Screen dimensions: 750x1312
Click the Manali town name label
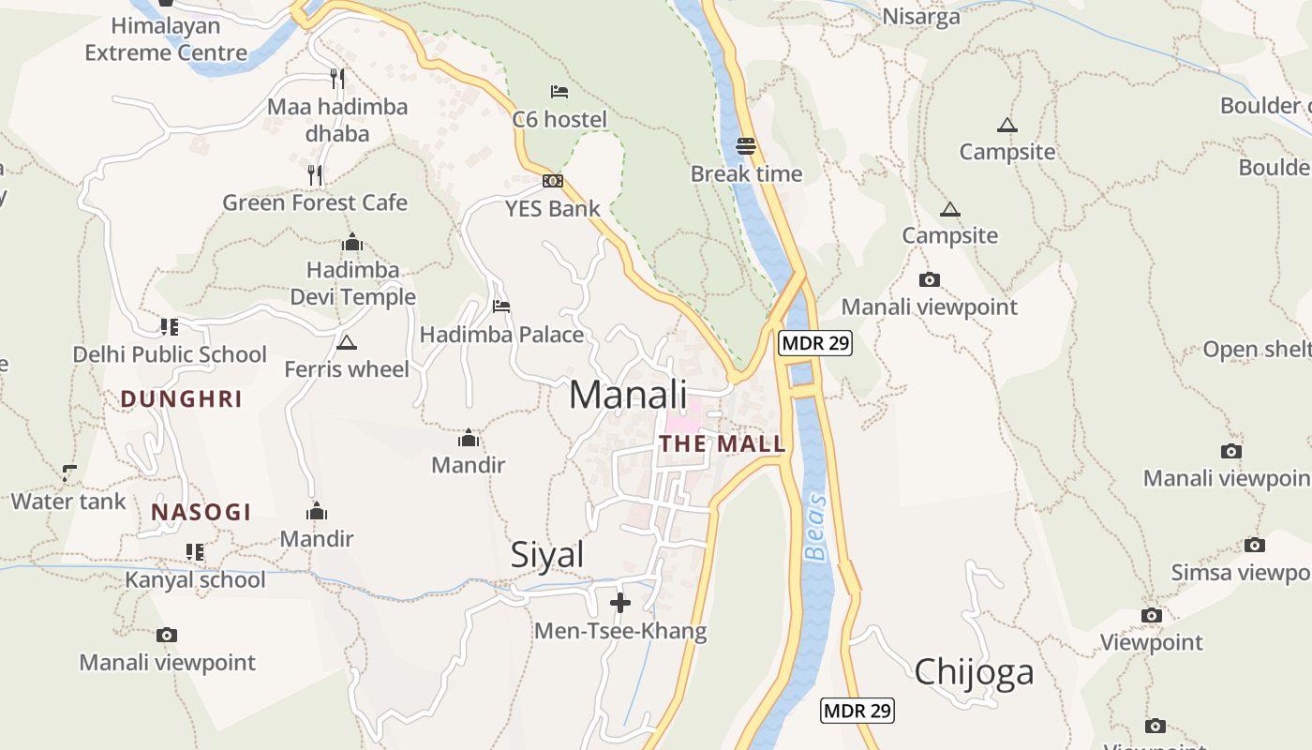click(x=628, y=395)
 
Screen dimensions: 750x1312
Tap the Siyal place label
click(x=547, y=555)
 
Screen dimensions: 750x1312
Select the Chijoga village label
click(x=974, y=671)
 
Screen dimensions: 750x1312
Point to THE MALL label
click(x=722, y=444)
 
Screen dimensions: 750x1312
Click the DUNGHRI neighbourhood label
click(x=182, y=399)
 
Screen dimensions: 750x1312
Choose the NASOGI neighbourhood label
click(x=201, y=512)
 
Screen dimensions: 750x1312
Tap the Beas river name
click(x=816, y=527)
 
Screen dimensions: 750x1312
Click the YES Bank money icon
click(x=553, y=181)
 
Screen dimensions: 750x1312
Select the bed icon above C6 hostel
click(x=559, y=92)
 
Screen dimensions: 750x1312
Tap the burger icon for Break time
click(x=746, y=146)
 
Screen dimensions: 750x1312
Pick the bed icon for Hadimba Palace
click(x=501, y=307)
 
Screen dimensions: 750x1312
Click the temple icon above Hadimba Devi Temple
click(x=352, y=243)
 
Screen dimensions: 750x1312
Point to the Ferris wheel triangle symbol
click(x=347, y=342)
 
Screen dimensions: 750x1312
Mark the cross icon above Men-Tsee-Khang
click(x=620, y=603)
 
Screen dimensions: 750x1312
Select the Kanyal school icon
click(x=195, y=552)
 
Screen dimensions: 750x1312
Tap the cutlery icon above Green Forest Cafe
click(x=315, y=174)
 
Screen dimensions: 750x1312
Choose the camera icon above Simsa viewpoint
click(x=1255, y=545)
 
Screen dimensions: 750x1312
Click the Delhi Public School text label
click(x=170, y=354)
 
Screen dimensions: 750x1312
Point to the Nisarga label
click(x=921, y=17)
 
